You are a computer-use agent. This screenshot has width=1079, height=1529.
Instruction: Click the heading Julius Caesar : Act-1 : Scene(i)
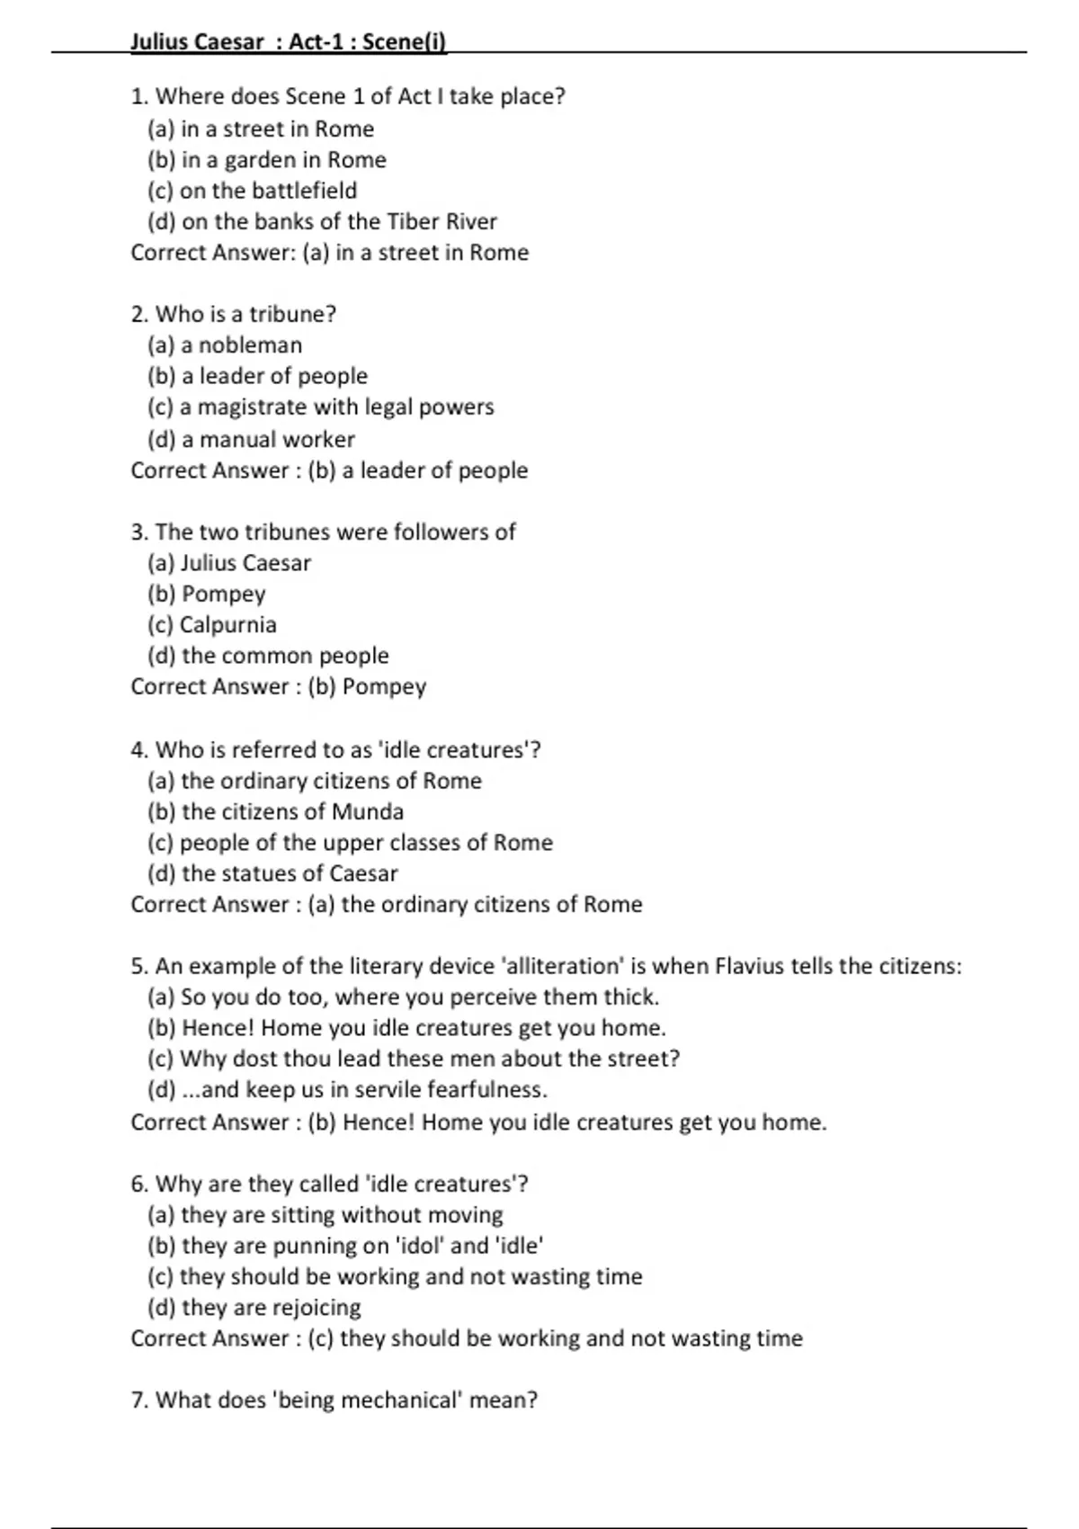click(x=288, y=41)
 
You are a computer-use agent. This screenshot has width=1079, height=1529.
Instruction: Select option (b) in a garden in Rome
click(x=266, y=160)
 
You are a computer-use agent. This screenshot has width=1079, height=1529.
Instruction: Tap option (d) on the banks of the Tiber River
click(x=322, y=221)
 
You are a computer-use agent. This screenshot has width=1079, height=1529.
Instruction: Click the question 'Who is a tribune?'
click(x=233, y=314)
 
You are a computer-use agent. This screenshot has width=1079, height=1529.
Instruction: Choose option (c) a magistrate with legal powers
click(x=320, y=407)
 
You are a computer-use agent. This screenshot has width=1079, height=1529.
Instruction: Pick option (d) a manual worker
click(x=251, y=439)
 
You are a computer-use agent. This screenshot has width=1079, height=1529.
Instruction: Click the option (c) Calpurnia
click(x=212, y=625)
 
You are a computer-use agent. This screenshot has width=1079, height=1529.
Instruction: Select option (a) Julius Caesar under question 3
click(x=229, y=563)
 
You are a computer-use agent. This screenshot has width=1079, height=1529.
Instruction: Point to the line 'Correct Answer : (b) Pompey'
click(x=278, y=687)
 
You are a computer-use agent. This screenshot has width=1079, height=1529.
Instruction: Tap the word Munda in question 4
click(x=368, y=812)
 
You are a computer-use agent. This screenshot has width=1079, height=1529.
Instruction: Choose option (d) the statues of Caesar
click(x=272, y=873)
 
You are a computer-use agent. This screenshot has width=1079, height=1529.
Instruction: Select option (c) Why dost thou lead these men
click(x=414, y=1059)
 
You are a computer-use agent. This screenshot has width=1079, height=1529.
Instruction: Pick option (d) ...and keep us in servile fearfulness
click(x=347, y=1090)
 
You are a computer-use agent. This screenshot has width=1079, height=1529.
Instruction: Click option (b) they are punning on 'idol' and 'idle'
click(x=345, y=1246)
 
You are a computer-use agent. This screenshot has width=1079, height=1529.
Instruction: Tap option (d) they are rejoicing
click(x=254, y=1308)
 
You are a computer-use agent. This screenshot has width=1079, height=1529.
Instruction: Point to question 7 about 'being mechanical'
click(x=334, y=1400)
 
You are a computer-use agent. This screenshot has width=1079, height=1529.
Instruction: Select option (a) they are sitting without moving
click(x=325, y=1215)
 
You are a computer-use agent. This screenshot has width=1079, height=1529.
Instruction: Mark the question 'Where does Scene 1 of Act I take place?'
click(x=347, y=96)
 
